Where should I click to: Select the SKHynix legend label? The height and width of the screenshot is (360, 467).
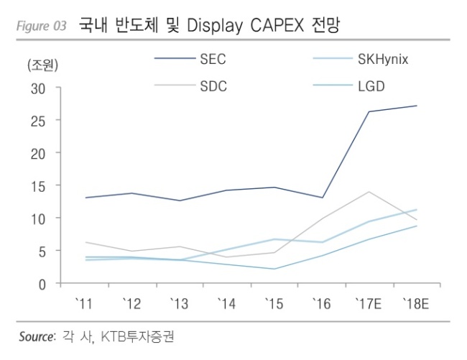tap(383, 59)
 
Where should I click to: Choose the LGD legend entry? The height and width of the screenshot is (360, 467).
tap(371, 86)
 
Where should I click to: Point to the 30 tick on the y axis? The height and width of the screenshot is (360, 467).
tap(38, 88)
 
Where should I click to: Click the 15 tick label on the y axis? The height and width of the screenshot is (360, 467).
tap(38, 187)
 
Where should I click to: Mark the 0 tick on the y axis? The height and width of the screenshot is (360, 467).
tap(42, 285)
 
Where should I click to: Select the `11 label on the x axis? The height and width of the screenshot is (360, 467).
tap(84, 304)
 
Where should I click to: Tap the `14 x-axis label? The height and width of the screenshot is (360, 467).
tap(226, 304)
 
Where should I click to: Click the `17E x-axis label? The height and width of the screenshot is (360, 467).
tap(369, 304)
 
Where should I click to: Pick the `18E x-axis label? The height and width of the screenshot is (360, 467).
tap(416, 304)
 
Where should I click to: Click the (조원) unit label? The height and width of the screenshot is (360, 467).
tap(42, 65)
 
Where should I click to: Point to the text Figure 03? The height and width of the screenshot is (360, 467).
tap(42, 26)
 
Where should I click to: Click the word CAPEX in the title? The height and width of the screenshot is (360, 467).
tap(277, 25)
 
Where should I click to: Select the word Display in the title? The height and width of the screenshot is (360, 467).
tap(214, 26)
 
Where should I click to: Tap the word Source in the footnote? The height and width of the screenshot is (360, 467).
tap(37, 337)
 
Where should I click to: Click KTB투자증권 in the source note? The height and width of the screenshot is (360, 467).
tap(137, 337)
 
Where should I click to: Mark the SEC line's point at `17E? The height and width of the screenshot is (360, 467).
tap(369, 111)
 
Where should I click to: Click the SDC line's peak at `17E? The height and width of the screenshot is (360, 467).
tap(369, 191)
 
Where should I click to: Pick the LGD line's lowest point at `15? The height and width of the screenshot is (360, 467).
tap(274, 269)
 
